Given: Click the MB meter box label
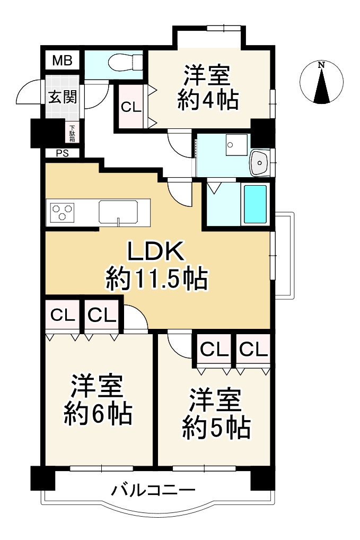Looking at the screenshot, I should (x=62, y=60).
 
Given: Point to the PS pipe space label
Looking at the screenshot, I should (x=62, y=153).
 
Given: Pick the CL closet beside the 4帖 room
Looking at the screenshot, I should (x=130, y=107).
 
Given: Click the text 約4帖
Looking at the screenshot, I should (x=207, y=99).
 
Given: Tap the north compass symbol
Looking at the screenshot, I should (x=322, y=83).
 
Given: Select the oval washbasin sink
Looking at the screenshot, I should (x=259, y=162).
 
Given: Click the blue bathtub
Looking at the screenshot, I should (x=255, y=204).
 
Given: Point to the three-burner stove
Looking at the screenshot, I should (x=63, y=212).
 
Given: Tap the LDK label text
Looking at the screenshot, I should (x=156, y=252).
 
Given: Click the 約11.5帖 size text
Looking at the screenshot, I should (x=156, y=278).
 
